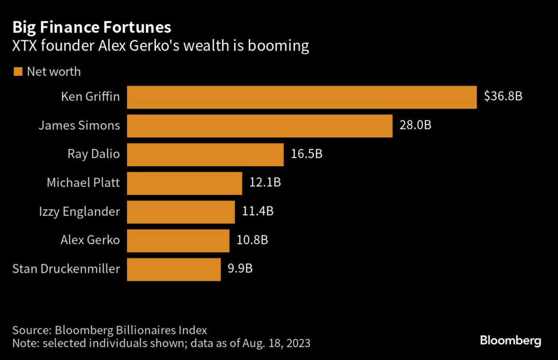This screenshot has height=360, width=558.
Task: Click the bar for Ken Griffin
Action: (302, 97)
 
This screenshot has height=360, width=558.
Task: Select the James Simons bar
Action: (259, 125)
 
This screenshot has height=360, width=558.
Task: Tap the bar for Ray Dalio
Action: (205, 154)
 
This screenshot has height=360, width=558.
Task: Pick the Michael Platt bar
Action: (184, 182)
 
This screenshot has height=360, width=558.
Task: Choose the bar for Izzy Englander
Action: (181, 211)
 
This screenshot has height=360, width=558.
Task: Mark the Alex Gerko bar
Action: (178, 240)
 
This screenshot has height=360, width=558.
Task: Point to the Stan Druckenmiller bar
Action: (174, 269)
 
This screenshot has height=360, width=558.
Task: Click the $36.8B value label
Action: (503, 97)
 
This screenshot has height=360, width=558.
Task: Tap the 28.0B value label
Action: (416, 125)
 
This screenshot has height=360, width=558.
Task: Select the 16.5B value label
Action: (307, 154)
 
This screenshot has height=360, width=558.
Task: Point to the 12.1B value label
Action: (265, 182)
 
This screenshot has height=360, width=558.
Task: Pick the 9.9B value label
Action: (241, 269)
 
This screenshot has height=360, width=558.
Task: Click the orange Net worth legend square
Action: (17, 71)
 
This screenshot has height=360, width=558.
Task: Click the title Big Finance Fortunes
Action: (92, 27)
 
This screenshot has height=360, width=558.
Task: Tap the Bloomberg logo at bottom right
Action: (510, 341)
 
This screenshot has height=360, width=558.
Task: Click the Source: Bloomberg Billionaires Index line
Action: (110, 330)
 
